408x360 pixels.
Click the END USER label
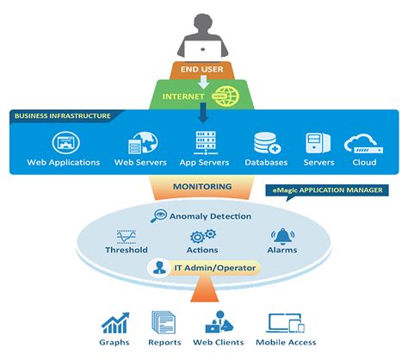203,70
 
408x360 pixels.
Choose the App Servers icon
203,141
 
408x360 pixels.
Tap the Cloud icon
363,142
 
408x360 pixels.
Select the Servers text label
318,162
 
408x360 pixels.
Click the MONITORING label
204,186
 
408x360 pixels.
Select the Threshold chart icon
127,235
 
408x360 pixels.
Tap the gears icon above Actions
203,235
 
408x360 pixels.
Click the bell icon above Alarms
281,235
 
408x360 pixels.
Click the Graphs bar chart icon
114,323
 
